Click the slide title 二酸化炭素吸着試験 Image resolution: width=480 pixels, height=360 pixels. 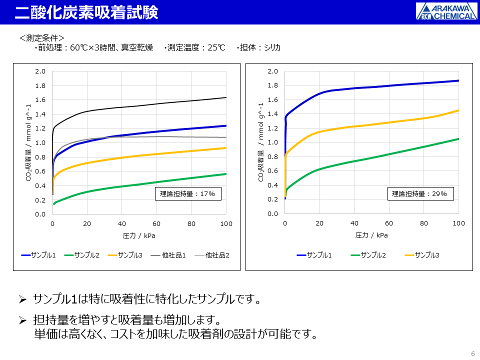point(86,12)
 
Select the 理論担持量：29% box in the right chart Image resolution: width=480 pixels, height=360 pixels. point(421,193)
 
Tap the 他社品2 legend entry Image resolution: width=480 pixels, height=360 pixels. point(212,255)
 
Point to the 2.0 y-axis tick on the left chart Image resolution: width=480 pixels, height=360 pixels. point(40,71)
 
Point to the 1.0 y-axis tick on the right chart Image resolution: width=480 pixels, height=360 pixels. point(272,142)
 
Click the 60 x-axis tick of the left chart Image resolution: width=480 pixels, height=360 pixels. point(157,224)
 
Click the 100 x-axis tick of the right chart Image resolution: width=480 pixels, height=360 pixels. point(458,223)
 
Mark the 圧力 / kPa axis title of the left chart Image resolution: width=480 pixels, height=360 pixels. point(139,235)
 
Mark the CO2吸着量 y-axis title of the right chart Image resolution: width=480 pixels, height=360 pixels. point(260,142)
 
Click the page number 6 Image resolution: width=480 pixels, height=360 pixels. point(473,353)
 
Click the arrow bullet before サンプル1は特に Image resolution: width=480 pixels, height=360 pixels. point(22,299)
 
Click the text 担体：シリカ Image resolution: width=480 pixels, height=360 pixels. point(260,48)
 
